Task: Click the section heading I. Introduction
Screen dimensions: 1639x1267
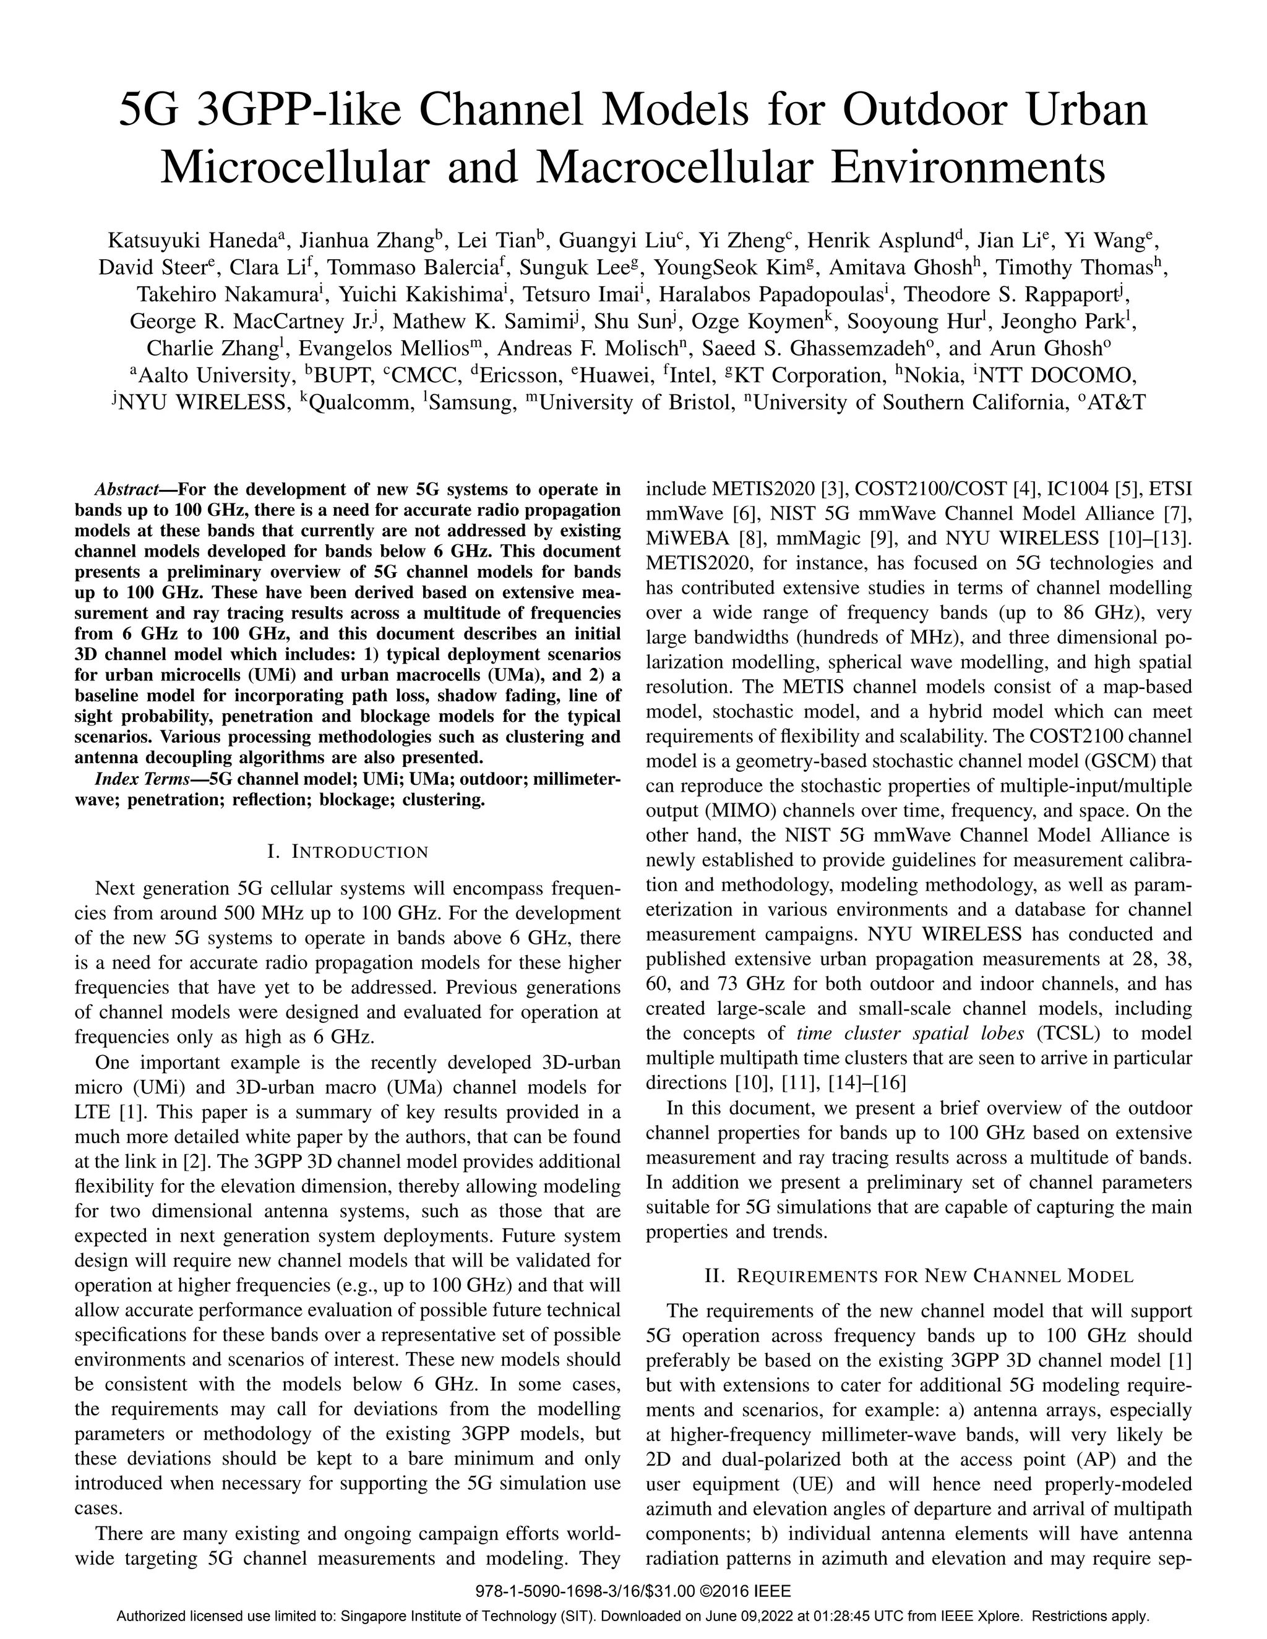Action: (x=348, y=852)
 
